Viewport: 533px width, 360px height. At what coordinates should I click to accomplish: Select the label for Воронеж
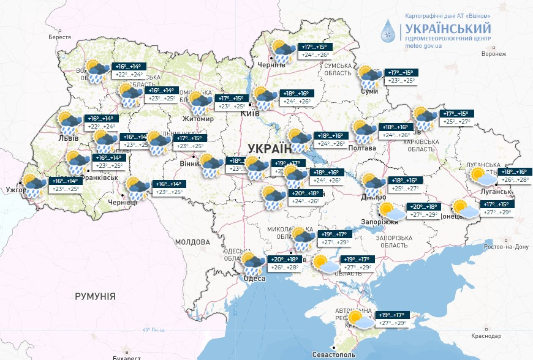494,54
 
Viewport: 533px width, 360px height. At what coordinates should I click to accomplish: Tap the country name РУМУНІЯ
95,296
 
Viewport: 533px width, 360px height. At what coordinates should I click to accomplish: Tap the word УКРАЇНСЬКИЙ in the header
447,28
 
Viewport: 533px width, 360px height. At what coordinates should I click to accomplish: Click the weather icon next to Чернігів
281,51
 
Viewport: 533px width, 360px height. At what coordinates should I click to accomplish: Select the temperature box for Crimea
392,318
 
